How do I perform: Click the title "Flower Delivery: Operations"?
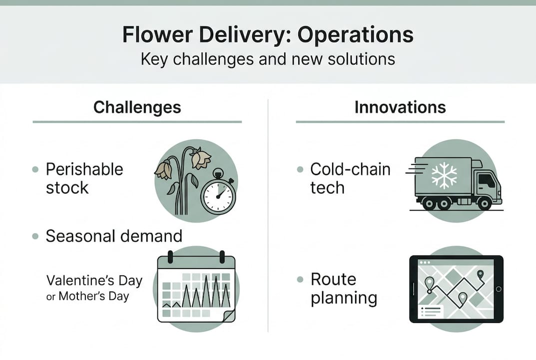click(268, 35)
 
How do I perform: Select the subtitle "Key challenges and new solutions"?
click(268, 59)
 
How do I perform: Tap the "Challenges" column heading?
click(137, 107)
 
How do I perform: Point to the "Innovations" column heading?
click(400, 107)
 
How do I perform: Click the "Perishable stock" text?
click(84, 178)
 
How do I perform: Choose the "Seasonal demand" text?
click(114, 235)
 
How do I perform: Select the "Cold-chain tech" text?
click(350, 178)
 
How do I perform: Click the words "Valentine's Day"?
click(94, 280)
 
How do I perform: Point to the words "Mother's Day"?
click(94, 296)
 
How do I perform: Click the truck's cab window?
click(487, 180)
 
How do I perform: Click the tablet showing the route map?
click(456, 289)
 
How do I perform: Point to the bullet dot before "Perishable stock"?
click(35, 169)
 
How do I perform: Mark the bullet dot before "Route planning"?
click(300, 279)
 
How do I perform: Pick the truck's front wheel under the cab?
click(484, 203)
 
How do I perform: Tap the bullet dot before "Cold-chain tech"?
click(300, 169)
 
